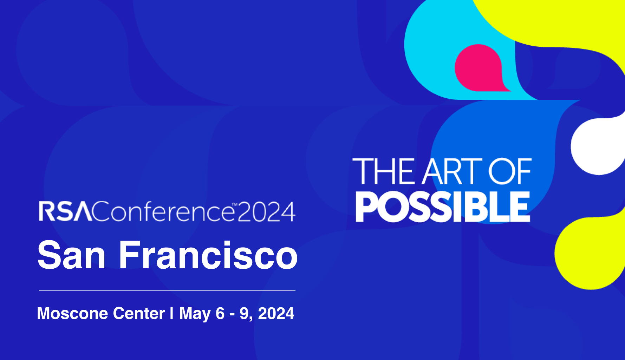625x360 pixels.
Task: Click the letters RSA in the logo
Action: [65, 211]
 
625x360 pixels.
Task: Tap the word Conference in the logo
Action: [163, 211]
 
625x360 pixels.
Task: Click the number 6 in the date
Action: [220, 313]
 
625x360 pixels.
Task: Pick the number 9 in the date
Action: [244, 313]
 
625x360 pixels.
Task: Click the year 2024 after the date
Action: [276, 313]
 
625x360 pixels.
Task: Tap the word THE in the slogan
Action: [383, 171]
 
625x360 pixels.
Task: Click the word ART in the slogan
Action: [452, 171]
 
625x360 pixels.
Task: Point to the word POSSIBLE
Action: [443, 207]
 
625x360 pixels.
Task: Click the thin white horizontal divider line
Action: [167, 290]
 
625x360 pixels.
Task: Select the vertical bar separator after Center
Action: [172, 313]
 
